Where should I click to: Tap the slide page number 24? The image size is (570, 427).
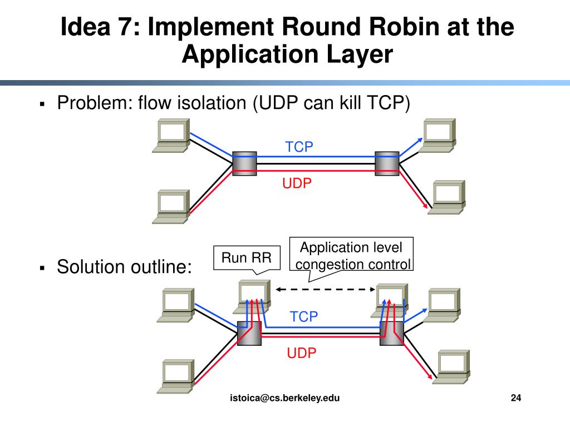pyautogui.click(x=515, y=398)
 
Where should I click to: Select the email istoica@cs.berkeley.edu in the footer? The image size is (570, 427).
pyautogui.click(x=285, y=398)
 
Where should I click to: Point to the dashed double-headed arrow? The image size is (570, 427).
pyautogui.click(x=326, y=289)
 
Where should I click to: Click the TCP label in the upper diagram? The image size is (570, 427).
pyautogui.click(x=299, y=147)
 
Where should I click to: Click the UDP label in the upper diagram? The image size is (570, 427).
pyautogui.click(x=297, y=183)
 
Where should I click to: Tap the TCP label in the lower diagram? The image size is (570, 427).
pyautogui.click(x=303, y=317)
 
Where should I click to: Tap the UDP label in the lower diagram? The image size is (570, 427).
pyautogui.click(x=302, y=352)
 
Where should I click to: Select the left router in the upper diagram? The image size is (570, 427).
pyautogui.click(x=244, y=163)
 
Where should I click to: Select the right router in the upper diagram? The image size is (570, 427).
pyautogui.click(x=387, y=163)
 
